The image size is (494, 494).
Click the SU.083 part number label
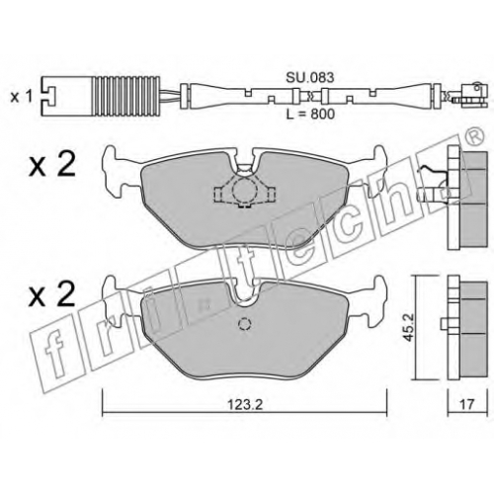(x=309, y=78)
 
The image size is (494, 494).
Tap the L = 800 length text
(x=310, y=114)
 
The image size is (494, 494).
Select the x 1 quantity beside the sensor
(x=22, y=97)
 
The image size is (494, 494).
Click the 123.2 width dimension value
(x=245, y=404)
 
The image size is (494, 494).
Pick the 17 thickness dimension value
(x=466, y=404)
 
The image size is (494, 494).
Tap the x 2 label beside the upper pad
(x=52, y=165)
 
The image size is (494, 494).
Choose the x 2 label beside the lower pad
(x=52, y=294)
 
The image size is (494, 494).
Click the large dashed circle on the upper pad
(x=242, y=191)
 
